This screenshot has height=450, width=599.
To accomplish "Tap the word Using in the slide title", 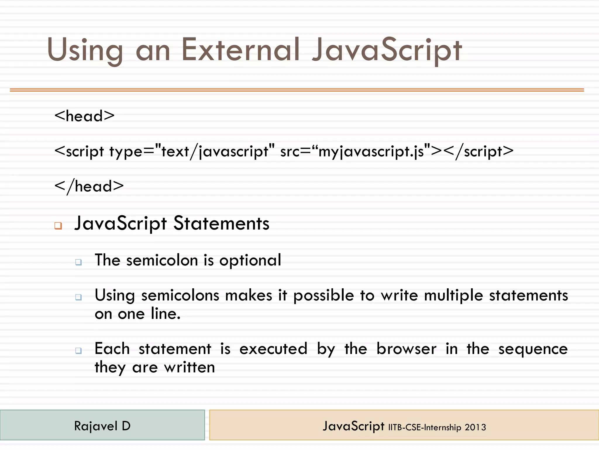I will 85,50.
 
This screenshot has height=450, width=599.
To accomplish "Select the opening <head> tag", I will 85,116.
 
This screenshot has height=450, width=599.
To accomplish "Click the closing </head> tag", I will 89,186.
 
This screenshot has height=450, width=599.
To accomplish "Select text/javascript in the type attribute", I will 215,152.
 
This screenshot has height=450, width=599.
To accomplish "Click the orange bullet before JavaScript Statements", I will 58,226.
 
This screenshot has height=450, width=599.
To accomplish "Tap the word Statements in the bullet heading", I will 221,224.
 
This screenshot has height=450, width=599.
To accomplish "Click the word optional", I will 250,260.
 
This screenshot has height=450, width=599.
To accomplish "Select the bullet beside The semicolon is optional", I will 78,262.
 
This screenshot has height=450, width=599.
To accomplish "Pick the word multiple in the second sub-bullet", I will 453,295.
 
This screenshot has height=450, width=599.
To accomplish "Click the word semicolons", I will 180,295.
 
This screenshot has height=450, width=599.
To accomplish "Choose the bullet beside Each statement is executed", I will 78,350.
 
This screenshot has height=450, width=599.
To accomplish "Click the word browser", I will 406,349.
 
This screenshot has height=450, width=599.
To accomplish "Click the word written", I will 190,367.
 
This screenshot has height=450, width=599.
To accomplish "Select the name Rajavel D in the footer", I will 102,426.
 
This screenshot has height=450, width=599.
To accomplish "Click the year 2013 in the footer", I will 475,427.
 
